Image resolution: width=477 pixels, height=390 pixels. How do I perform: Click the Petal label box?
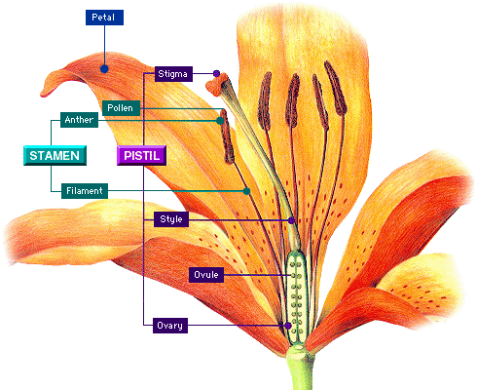[104, 18]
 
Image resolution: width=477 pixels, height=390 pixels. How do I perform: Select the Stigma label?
[173, 74]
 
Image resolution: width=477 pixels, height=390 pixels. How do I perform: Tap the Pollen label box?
[121, 108]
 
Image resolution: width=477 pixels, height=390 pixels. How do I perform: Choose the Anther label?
[79, 120]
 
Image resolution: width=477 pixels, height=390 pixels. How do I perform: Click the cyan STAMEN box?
[55, 155]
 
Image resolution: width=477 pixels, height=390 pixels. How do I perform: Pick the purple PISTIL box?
[141, 155]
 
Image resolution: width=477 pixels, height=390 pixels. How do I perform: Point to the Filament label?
[85, 191]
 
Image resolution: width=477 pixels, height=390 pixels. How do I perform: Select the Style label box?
[171, 219]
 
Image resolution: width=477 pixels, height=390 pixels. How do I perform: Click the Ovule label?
[206, 275]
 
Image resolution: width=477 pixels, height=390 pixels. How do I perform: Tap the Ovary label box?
[170, 326]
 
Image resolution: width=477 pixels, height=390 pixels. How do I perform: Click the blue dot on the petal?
[104, 69]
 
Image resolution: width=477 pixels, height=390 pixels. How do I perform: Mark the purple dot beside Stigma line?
[216, 73]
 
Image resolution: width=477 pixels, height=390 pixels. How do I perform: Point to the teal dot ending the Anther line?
[220, 121]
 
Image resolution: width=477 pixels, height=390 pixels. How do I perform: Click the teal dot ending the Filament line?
[246, 191]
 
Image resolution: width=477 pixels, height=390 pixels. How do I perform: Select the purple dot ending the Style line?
[292, 220]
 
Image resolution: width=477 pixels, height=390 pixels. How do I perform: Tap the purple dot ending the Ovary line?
[287, 326]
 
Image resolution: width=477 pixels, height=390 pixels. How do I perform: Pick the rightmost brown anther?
[336, 88]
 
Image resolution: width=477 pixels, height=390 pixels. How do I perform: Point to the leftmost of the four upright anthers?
[265, 100]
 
